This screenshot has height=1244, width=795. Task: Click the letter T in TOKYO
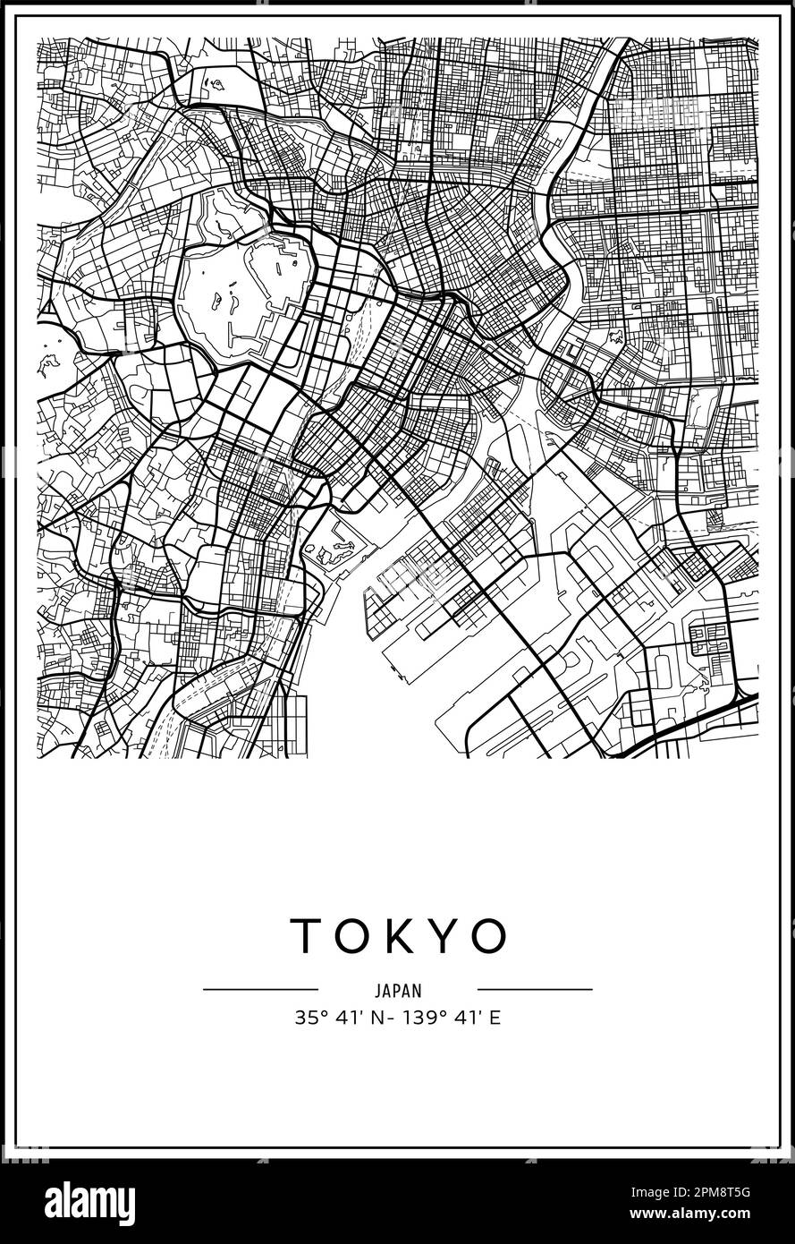pos(306,936)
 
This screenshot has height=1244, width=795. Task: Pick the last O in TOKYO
pos(488,936)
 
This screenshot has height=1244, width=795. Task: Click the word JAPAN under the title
pos(398,991)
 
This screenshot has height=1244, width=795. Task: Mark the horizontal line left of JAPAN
pos(260,990)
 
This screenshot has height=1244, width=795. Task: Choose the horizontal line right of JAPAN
pos(535,990)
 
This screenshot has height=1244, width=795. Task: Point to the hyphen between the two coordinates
pos(391,1018)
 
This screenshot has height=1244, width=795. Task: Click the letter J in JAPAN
pos(378,991)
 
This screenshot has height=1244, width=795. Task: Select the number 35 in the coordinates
pos(305,1018)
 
